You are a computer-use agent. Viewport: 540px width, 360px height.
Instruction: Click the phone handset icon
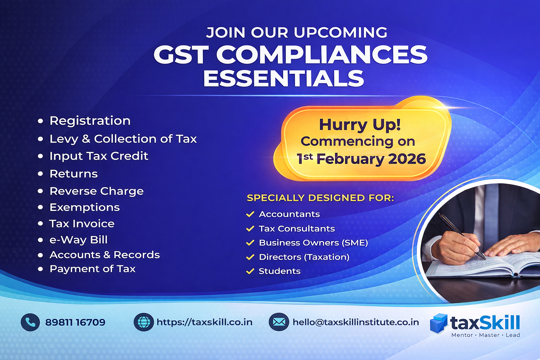[30, 322]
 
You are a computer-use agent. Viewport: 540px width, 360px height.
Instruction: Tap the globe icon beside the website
[144, 322]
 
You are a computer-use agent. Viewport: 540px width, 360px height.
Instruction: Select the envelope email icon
[279, 322]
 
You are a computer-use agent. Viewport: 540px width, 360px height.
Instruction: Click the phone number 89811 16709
[75, 322]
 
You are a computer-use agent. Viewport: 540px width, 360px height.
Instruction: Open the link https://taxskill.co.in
[204, 322]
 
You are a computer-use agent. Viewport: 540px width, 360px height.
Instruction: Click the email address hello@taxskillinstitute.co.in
[356, 322]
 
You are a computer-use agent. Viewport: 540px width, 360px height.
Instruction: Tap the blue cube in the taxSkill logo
[439, 323]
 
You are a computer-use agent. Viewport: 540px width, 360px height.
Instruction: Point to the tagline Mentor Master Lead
[486, 335]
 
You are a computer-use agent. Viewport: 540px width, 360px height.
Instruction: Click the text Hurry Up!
[360, 125]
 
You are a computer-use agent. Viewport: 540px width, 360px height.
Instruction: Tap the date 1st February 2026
[361, 159]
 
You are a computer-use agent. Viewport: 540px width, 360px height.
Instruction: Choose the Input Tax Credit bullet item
[98, 156]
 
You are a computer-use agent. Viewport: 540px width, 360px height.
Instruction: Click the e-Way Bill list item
[78, 240]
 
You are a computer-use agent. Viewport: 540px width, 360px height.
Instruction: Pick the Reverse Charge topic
[96, 191]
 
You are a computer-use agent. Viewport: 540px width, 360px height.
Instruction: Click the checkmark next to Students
[250, 271]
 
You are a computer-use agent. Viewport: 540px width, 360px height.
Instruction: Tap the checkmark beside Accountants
[250, 214]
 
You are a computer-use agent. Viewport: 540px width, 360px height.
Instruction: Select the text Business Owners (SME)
[313, 243]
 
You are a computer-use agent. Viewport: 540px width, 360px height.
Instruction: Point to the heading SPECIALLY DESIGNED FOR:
[320, 198]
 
